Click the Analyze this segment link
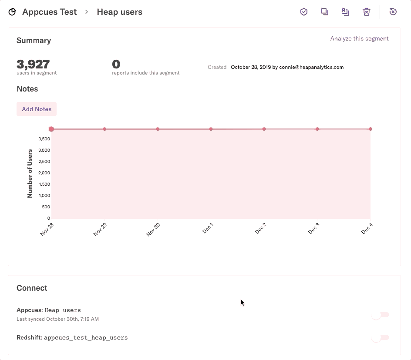tap(359, 38)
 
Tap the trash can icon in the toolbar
tap(367, 12)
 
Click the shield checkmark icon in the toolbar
tap(304, 12)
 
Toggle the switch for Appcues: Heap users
tap(380, 315)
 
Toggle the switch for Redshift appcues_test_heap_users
tap(380, 337)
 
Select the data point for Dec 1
tap(211, 129)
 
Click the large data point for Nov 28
tap(51, 129)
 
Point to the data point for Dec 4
tap(371, 129)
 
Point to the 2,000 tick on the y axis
tap(44, 173)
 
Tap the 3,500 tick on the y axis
tap(44, 139)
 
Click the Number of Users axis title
tap(30, 173)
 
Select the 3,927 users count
tap(33, 65)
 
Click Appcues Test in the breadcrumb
tap(49, 12)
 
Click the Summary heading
tap(34, 41)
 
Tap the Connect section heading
tap(32, 288)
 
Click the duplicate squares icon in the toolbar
tap(325, 12)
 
